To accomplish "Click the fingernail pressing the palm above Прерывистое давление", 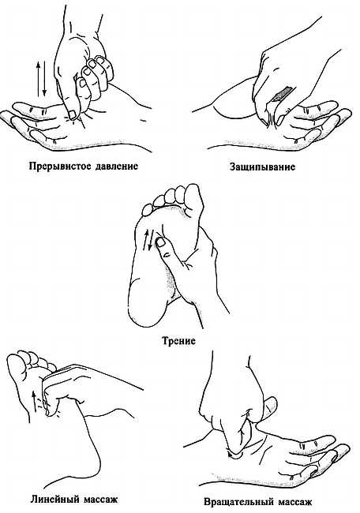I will click(x=72, y=115).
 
